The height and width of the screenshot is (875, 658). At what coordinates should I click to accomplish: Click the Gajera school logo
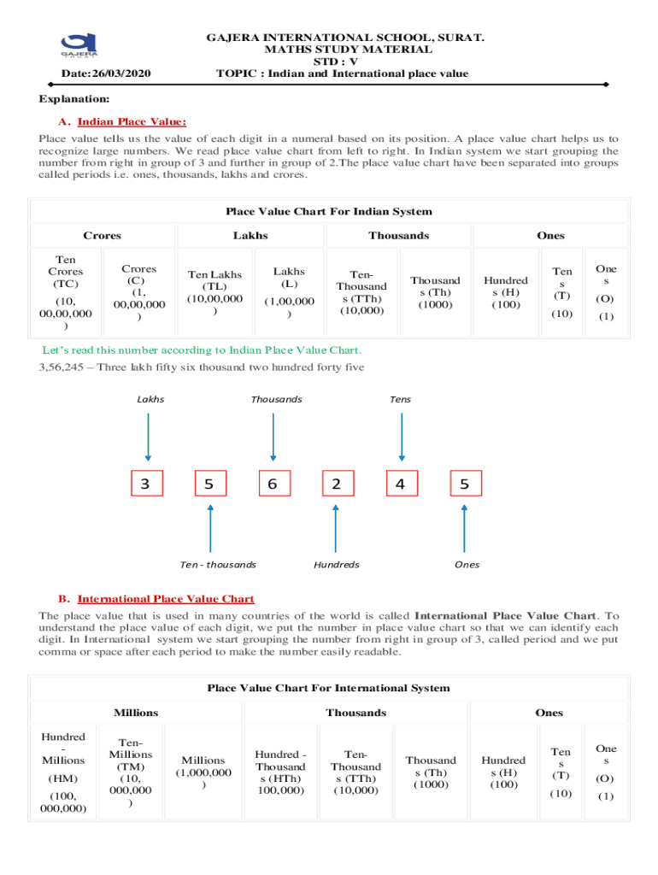click(x=79, y=48)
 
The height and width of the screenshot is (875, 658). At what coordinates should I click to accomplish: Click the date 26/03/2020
click(x=101, y=74)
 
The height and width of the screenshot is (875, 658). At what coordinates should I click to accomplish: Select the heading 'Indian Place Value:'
click(x=132, y=122)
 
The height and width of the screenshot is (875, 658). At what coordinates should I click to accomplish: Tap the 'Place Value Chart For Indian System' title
click(x=329, y=211)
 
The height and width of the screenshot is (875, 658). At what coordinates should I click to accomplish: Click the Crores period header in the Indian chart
click(x=102, y=236)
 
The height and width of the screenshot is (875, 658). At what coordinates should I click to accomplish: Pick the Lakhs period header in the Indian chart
click(x=250, y=236)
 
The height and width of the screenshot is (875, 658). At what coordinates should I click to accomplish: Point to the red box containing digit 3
click(x=146, y=484)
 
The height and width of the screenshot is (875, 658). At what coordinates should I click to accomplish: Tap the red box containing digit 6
click(x=273, y=484)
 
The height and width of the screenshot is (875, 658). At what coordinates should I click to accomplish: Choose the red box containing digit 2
click(x=337, y=484)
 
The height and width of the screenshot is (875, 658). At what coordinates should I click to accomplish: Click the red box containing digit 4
click(x=401, y=484)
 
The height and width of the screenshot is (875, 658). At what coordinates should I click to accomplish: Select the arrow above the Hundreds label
click(x=336, y=529)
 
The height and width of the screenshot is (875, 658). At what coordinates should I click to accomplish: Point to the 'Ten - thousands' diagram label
click(x=218, y=565)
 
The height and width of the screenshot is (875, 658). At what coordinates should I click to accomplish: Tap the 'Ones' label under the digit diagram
click(x=467, y=565)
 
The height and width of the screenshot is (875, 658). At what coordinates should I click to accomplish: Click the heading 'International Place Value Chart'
click(x=166, y=599)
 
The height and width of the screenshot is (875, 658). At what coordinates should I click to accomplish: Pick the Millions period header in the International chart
click(x=136, y=713)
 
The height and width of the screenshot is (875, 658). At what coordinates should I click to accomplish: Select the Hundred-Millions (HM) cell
click(x=63, y=772)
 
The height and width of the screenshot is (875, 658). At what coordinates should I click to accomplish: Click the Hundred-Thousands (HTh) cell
click(x=280, y=772)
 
